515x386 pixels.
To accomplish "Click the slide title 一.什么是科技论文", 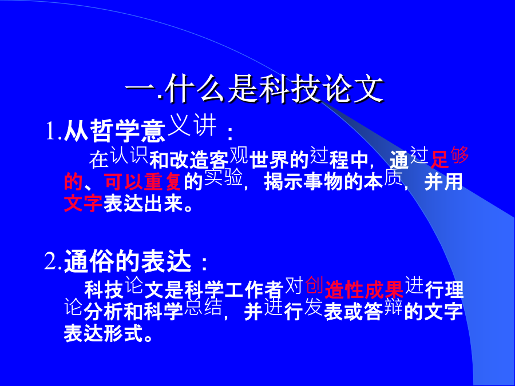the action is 255,89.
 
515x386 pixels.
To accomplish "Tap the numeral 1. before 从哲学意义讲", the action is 54,131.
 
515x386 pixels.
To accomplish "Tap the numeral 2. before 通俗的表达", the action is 53,261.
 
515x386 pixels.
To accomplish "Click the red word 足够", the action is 450,157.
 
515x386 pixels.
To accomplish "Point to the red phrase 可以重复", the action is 143,181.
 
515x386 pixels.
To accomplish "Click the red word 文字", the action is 84,203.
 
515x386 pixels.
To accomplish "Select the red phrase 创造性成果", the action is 354,287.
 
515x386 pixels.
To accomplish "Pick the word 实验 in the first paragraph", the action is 223,178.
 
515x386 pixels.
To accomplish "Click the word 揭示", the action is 284,181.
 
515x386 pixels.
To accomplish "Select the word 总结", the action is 203,308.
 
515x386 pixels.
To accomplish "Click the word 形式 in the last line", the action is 124,333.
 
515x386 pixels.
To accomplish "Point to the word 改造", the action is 189,160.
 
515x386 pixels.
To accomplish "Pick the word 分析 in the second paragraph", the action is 104,312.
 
